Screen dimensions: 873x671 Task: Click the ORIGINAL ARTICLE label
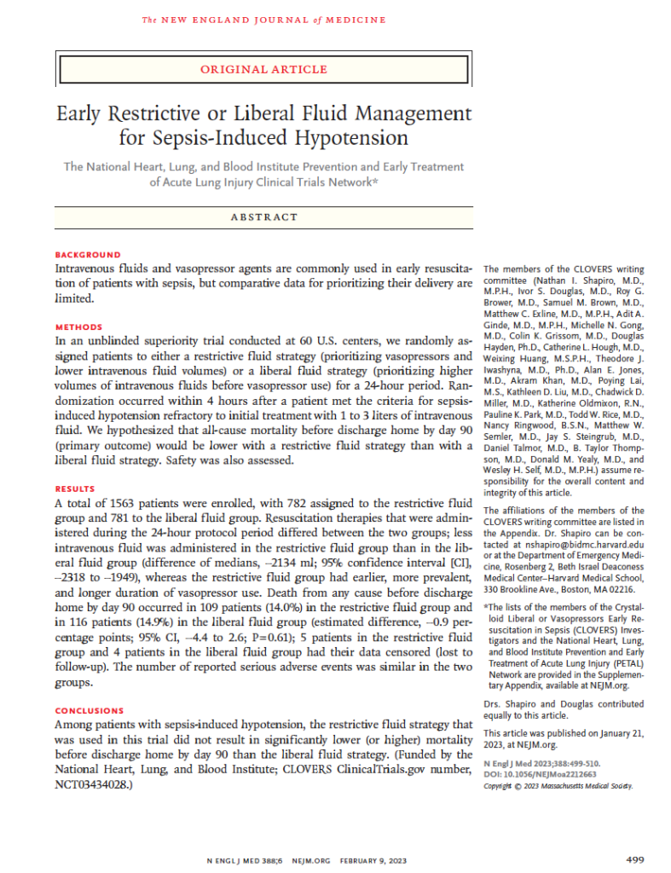(264, 69)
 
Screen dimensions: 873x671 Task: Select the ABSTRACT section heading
(263, 217)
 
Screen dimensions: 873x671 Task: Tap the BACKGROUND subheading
(88, 254)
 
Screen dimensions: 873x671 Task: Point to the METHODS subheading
(78, 327)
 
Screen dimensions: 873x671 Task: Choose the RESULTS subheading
(77, 489)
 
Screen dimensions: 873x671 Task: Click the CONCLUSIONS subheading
(90, 710)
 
